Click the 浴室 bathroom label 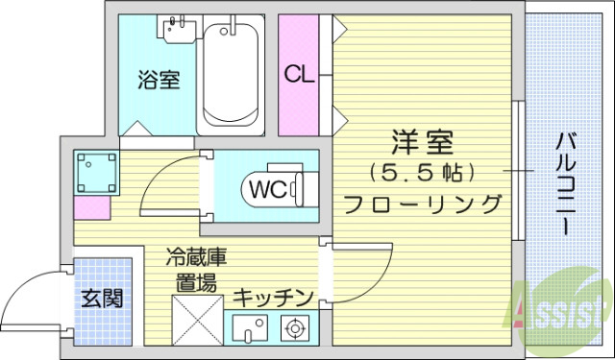click(159, 80)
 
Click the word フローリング click(423, 204)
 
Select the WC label click(266, 188)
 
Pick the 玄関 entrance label click(100, 298)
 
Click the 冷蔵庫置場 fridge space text click(195, 270)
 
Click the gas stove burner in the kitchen click(294, 329)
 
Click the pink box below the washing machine click(93, 206)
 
